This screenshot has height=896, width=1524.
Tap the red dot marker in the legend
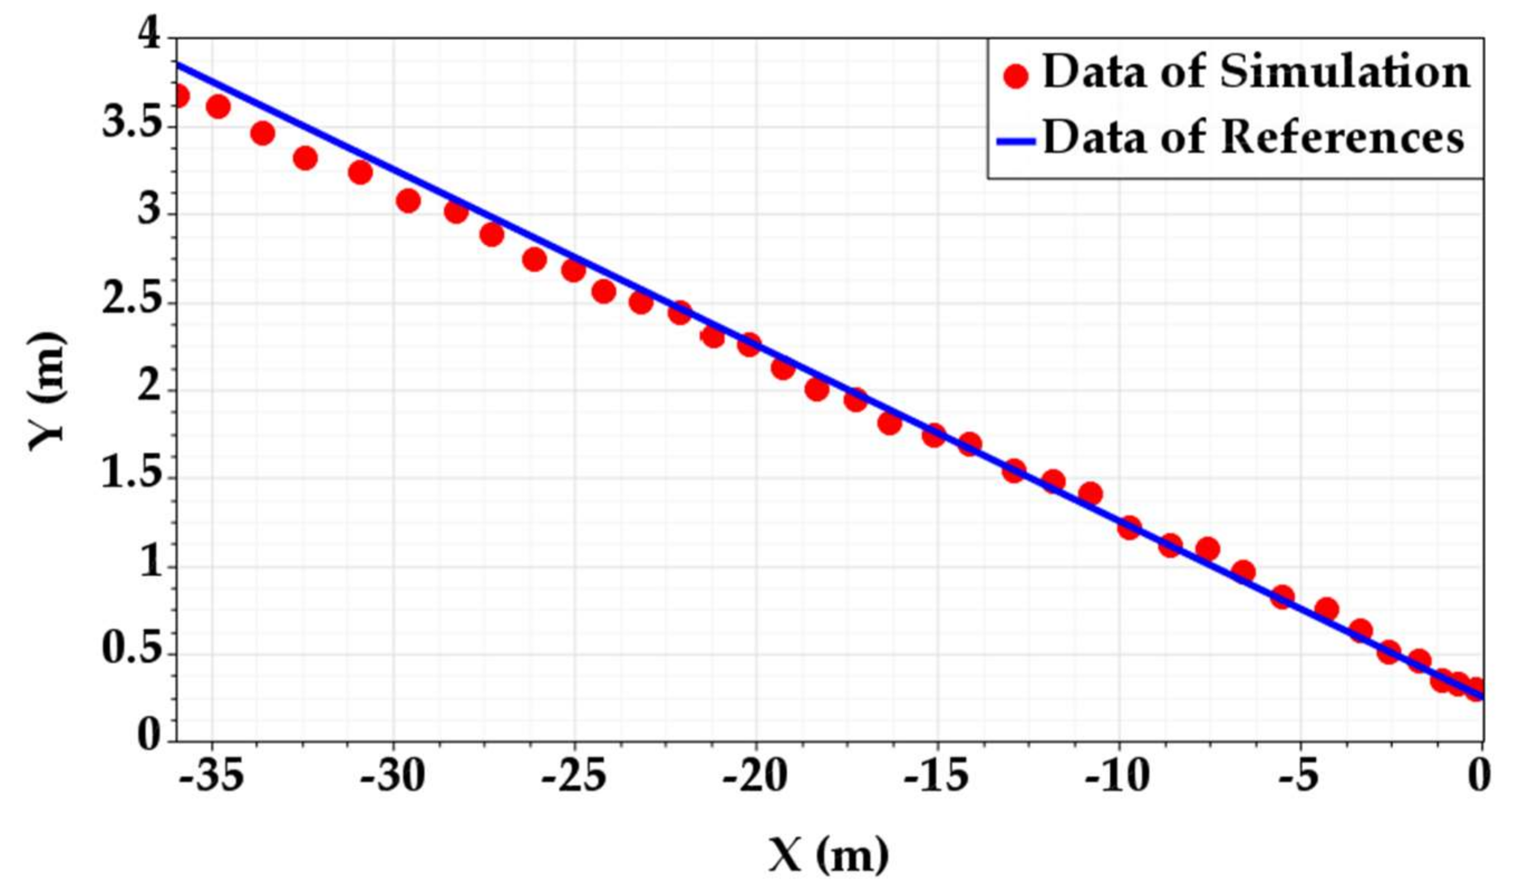[x=1015, y=77]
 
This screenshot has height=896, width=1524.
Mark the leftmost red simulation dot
[x=180, y=95]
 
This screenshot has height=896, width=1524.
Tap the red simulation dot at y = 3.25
[x=360, y=172]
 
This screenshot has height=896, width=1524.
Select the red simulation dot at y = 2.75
[x=535, y=259]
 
